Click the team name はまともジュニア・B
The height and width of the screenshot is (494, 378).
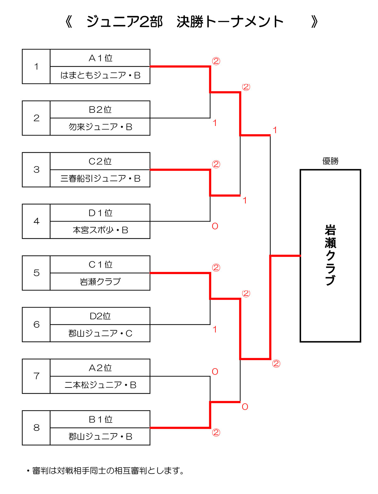pos(100,75)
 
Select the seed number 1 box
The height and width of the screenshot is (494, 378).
pos(36,66)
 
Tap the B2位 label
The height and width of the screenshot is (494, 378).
pos(100,110)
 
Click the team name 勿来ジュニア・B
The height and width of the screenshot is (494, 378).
pos(100,127)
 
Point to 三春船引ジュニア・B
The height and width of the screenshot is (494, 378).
pos(100,179)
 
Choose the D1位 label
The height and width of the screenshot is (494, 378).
pos(100,213)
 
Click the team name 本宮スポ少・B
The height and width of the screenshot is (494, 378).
pos(100,230)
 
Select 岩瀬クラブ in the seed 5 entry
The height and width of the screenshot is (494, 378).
pos(100,282)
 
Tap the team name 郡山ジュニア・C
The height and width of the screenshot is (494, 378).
pos(100,333)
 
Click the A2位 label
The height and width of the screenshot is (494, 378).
pos(100,368)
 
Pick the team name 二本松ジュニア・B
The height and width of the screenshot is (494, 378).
pos(100,385)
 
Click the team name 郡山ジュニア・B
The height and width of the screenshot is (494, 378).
pos(100,437)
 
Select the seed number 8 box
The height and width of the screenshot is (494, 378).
pos(36,428)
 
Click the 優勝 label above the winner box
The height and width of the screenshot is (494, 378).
pos(330,161)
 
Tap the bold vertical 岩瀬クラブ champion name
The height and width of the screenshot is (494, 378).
pos(330,255)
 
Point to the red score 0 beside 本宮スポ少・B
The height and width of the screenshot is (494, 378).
pos(215,226)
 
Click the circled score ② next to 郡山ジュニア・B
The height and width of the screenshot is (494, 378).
pos(216,433)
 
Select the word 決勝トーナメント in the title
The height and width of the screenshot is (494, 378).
pos(230,22)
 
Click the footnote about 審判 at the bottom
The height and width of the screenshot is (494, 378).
pos(106,471)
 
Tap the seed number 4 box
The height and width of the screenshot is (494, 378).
pos(36,221)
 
